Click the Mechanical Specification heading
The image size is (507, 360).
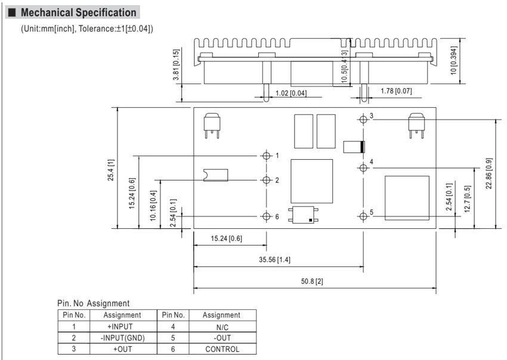(79, 13)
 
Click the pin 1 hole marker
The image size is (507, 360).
(267, 156)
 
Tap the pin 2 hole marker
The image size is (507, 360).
(267, 180)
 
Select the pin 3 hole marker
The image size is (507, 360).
(363, 119)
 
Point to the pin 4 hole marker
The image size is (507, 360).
(363, 167)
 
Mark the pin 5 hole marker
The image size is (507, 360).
(363, 216)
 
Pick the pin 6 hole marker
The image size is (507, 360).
(267, 216)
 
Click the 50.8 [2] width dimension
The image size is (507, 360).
(312, 281)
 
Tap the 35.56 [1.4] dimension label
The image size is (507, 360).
(274, 260)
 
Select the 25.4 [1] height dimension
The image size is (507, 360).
(111, 170)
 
